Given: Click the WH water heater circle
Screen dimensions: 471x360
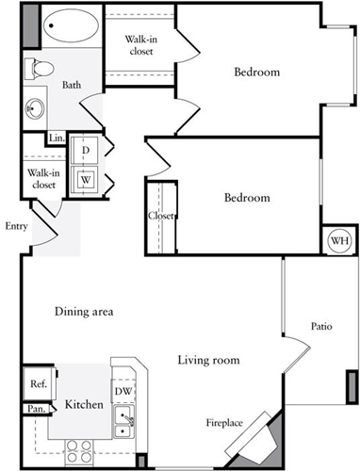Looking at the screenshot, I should pyautogui.click(x=337, y=241).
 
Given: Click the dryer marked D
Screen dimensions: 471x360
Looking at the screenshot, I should pyautogui.click(x=85, y=150).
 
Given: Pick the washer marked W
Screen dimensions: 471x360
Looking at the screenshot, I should pyautogui.click(x=85, y=178).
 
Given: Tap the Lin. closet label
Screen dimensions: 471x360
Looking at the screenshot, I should pyautogui.click(x=57, y=138).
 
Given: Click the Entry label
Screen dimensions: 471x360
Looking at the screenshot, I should pyautogui.click(x=15, y=225).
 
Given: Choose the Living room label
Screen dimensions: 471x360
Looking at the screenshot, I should pyautogui.click(x=208, y=360).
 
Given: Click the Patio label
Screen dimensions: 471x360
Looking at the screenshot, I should pyautogui.click(x=320, y=327).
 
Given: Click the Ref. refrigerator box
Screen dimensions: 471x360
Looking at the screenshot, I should pyautogui.click(x=39, y=383).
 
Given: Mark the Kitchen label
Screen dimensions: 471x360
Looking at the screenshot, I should pyautogui.click(x=83, y=405).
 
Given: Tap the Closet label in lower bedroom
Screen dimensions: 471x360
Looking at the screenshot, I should pyautogui.click(x=160, y=216).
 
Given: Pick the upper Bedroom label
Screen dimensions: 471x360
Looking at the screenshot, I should pyautogui.click(x=257, y=73).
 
